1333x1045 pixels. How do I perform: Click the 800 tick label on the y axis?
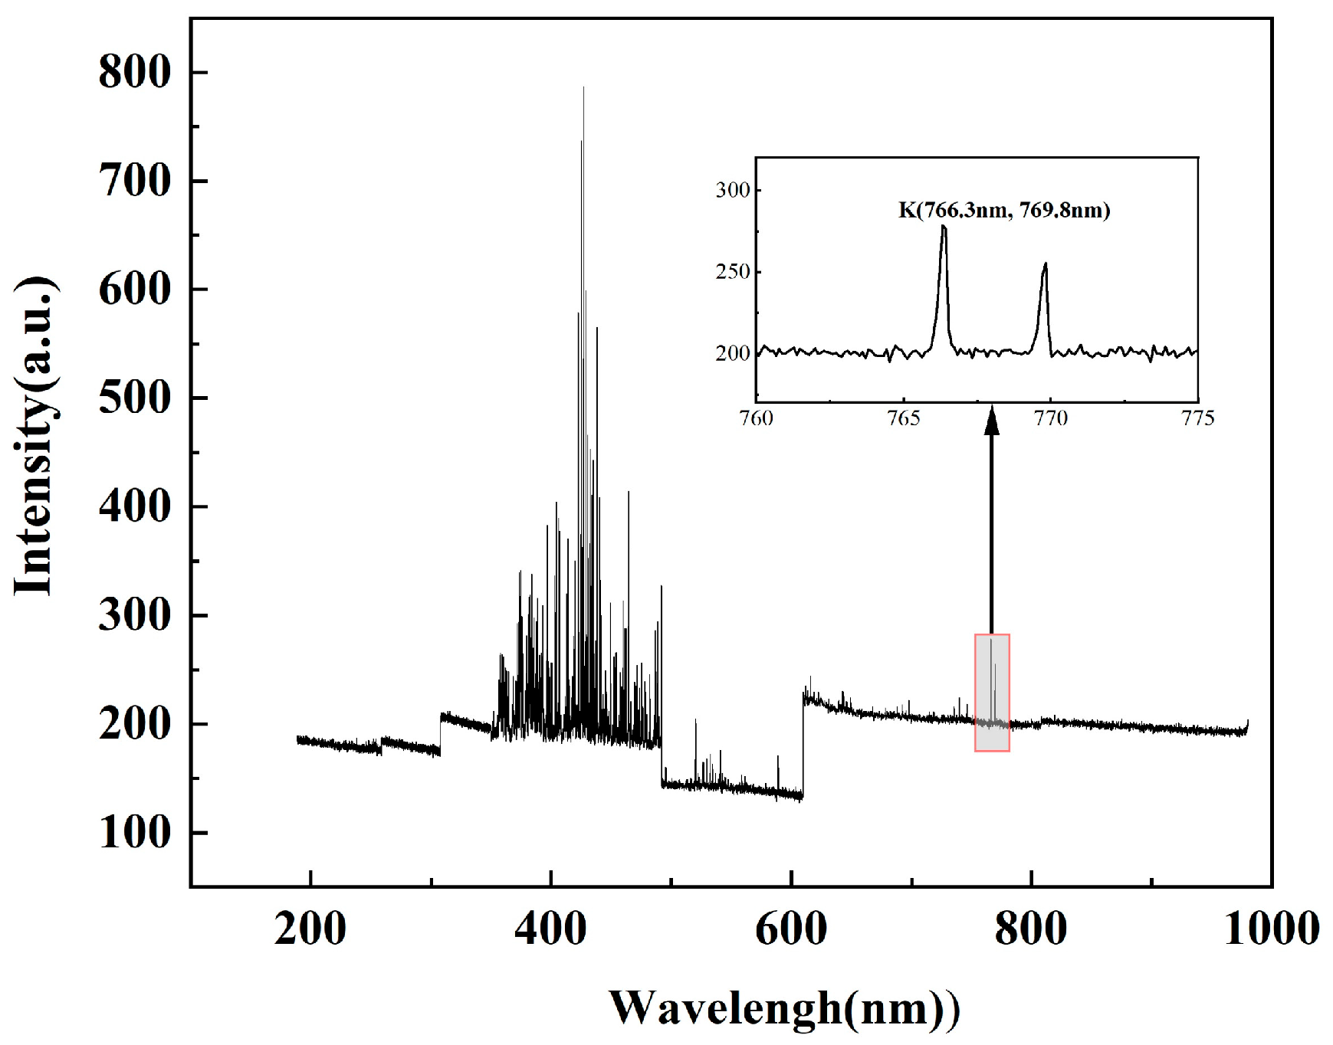pos(134,73)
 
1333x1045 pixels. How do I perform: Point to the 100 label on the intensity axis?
pos(134,833)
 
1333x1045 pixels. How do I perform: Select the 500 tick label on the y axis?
pos(134,398)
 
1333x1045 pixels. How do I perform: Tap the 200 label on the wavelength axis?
pos(310,929)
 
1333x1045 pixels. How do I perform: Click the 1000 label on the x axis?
pos(1271,929)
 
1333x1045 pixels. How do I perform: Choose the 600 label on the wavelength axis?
pos(791,929)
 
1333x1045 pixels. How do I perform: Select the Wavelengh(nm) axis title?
pos(783,1008)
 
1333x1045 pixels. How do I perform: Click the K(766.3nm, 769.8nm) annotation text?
pos(1004,210)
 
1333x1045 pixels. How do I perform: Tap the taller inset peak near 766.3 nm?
pos(944,228)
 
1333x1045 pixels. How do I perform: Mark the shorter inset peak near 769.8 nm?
pos(1045,265)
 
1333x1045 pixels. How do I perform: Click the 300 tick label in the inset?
pos(733,190)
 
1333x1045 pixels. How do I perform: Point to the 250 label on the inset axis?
pos(733,272)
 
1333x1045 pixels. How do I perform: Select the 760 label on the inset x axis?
pos(757,418)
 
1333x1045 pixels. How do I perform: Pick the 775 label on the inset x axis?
pos(1198,418)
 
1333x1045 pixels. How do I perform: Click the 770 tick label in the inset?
pos(1051,418)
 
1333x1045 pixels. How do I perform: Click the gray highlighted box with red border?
pos(992,693)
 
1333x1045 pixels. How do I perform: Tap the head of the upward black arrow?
pos(992,422)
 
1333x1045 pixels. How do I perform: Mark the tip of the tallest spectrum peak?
pos(583,88)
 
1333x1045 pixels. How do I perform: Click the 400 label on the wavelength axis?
pos(550,929)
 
